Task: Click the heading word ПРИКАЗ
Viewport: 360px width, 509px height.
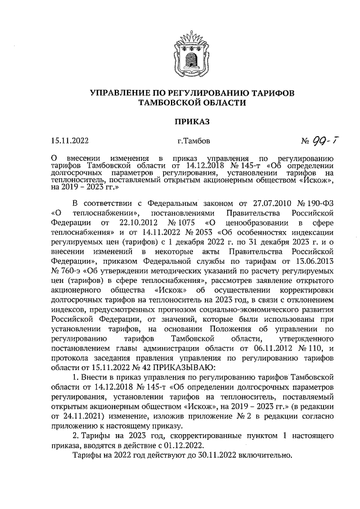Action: (x=180, y=121)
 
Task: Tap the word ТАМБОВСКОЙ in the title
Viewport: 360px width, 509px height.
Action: (x=160, y=102)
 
